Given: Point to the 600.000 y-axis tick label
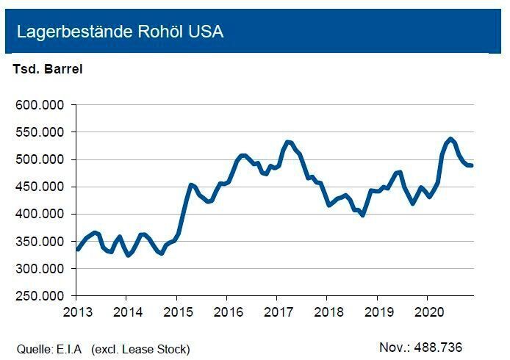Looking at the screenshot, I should [x=41, y=105].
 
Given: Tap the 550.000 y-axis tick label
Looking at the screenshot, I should [x=41, y=132].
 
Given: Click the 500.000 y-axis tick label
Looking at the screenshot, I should [x=41, y=159].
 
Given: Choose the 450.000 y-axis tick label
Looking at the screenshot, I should [x=41, y=187].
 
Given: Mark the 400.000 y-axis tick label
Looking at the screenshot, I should [x=41, y=214].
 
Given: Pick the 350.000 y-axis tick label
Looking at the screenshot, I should [x=41, y=242].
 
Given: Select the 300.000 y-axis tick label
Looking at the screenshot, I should [x=41, y=269].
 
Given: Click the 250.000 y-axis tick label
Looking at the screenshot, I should [x=41, y=296].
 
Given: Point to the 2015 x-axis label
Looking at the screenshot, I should [x=176, y=312].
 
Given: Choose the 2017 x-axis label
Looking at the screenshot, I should [x=276, y=312].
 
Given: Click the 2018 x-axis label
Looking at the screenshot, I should [x=327, y=312].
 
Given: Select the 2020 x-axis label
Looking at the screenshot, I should [x=427, y=312].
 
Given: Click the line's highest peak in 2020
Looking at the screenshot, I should [x=450, y=138].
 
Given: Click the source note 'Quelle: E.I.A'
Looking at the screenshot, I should [x=50, y=348].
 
